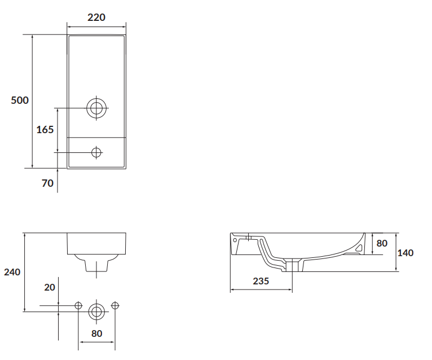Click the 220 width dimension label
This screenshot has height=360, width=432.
96,17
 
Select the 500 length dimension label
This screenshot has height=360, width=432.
20,100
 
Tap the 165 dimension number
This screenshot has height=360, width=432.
45,130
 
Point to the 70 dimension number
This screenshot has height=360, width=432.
47,183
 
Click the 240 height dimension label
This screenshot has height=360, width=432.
12,272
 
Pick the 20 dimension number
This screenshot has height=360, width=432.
50,287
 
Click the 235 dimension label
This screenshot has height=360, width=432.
261,281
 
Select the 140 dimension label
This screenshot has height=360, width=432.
405,253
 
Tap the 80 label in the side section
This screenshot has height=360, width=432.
382,243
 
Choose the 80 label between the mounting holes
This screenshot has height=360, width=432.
96,333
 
